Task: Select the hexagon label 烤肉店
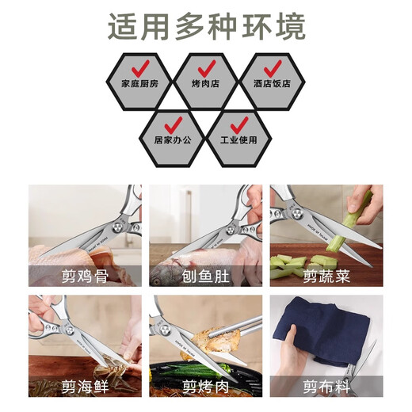click(205, 82)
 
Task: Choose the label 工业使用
click(238, 140)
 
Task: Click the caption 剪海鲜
click(85, 386)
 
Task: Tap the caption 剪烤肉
click(205, 386)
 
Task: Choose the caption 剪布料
click(326, 386)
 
